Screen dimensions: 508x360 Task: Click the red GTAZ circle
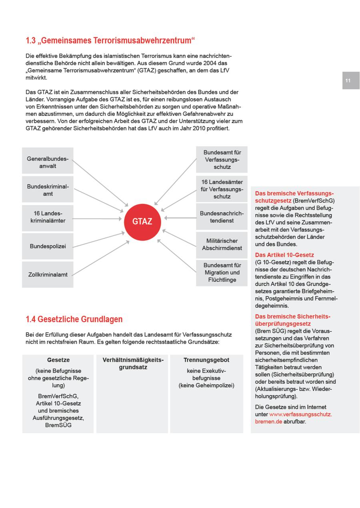(x=142, y=221)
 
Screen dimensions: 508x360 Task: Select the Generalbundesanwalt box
(x=48, y=162)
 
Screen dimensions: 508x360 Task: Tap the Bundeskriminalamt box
(x=48, y=190)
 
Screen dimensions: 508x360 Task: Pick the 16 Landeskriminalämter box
(x=48, y=217)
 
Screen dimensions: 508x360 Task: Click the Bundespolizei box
(x=48, y=246)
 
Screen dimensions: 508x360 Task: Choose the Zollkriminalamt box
(x=48, y=275)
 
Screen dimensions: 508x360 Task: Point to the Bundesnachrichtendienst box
(x=222, y=217)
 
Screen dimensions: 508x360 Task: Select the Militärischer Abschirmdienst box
(x=222, y=244)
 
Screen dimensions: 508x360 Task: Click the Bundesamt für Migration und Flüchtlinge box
(x=222, y=273)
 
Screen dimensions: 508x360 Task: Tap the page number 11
(x=348, y=80)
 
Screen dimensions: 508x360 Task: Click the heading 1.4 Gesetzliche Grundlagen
(x=74, y=319)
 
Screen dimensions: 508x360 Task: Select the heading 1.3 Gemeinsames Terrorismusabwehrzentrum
(x=110, y=40)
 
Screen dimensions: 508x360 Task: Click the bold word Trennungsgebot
(x=206, y=360)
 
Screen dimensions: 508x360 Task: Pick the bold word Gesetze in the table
(x=58, y=360)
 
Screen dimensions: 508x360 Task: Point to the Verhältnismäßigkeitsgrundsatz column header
(x=133, y=363)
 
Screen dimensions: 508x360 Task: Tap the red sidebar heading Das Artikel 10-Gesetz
(x=284, y=255)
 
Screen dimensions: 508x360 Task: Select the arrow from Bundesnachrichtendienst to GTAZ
(x=180, y=218)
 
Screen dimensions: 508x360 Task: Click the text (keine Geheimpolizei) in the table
(x=206, y=385)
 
